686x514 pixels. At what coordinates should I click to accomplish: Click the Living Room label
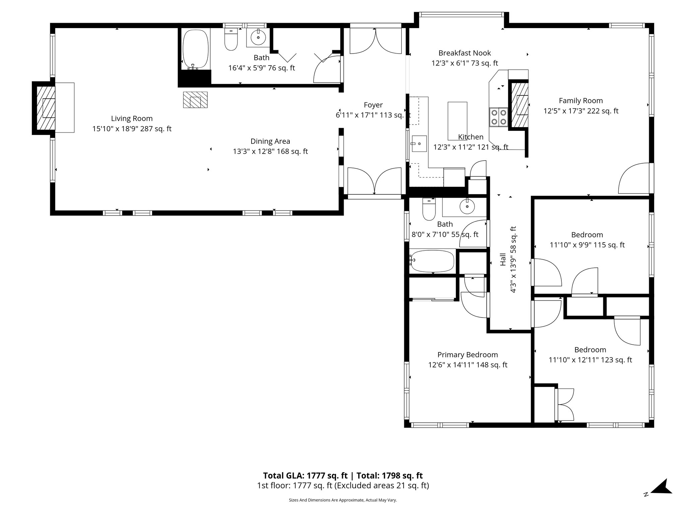[x=132, y=118]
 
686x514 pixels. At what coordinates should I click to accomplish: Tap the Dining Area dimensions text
[x=270, y=152]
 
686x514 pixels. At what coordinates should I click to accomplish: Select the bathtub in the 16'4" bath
[x=196, y=49]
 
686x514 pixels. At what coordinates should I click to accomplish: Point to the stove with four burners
[x=498, y=117]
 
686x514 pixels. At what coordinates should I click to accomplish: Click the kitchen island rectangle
[x=457, y=121]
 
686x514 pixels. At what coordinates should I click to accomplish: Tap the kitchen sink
[x=419, y=144]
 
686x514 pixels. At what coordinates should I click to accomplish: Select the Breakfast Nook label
[x=465, y=53]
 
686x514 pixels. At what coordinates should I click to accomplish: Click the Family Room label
[x=581, y=101]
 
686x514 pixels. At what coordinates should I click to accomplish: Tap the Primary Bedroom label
[x=468, y=355]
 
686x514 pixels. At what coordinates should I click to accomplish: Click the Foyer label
[x=373, y=105]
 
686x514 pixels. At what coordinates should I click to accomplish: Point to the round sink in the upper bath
[x=258, y=37]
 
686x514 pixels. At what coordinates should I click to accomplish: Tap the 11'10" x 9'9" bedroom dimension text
[x=587, y=245]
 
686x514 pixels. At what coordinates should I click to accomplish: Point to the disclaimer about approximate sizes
[x=343, y=500]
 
